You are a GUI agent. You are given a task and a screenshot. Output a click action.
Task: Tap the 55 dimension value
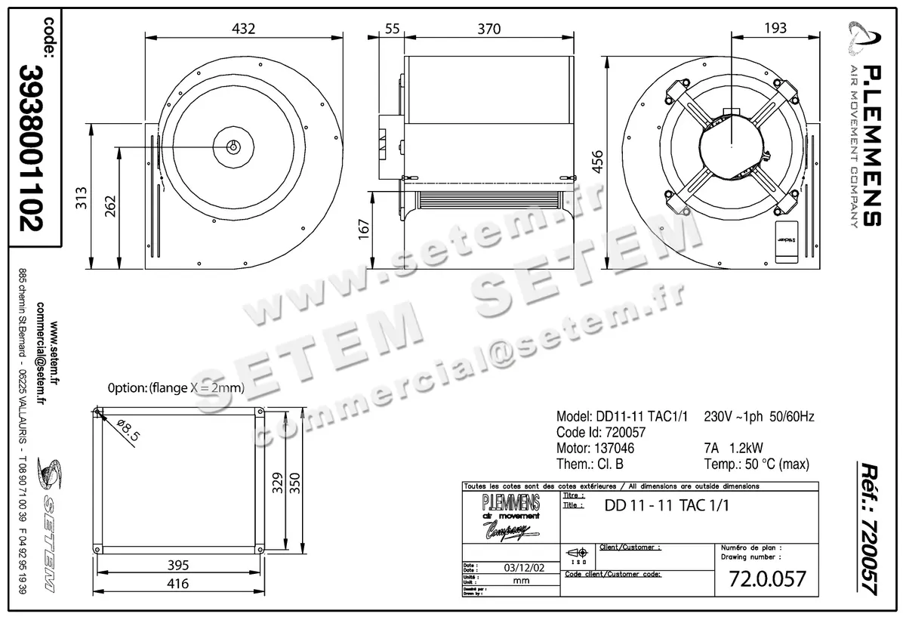point(392,29)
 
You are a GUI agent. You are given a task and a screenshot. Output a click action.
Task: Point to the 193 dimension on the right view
point(775,29)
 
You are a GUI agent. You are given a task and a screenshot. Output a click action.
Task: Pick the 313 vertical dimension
point(85,198)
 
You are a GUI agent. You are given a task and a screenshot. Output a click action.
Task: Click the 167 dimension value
point(364,227)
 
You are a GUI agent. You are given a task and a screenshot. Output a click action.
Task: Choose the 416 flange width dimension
point(177,584)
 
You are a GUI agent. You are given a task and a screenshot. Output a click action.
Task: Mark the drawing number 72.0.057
point(768,579)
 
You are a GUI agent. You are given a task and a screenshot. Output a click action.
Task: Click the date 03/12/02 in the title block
point(520,568)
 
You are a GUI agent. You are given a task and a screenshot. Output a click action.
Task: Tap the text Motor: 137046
point(595,448)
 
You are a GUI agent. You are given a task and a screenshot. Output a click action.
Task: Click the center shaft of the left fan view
point(234,147)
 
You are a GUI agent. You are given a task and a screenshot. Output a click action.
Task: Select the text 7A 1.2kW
point(733,448)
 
